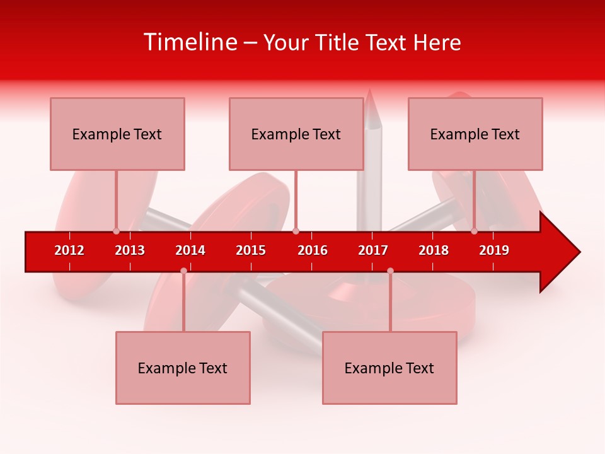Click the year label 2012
[69, 250]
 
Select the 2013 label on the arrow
[130, 250]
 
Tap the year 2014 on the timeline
[190, 250]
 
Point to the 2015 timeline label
[251, 250]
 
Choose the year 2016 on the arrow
[313, 250]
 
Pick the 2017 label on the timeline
[373, 250]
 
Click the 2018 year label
[434, 250]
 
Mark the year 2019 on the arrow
[494, 250]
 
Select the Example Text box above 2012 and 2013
[117, 134]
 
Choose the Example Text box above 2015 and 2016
[296, 134]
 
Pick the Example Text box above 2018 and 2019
[475, 134]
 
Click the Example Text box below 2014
[183, 368]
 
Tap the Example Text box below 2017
[389, 368]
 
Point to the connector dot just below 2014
[183, 271]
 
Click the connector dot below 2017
[390, 271]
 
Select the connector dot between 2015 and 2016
[296, 231]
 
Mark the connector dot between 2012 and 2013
[116, 231]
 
